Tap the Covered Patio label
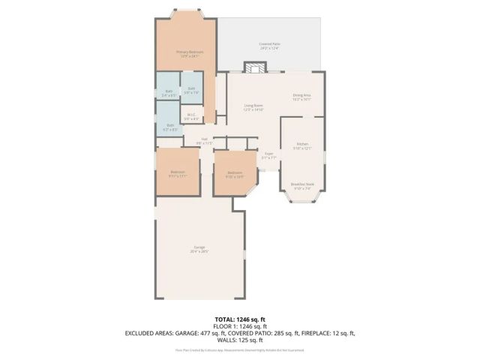click(269, 44)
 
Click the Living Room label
click(253, 106)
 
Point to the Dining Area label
click(301, 95)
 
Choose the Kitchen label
click(302, 143)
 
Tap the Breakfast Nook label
click(302, 184)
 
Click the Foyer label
click(268, 155)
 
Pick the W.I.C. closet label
click(192, 115)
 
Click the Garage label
click(199, 247)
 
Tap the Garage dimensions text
click(199, 251)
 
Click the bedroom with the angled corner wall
click(235, 174)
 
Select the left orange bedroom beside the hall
click(178, 172)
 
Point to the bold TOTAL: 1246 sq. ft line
click(240, 319)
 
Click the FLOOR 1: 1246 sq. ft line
click(240, 325)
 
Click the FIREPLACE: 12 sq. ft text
click(326, 332)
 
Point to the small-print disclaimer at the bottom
click(240, 349)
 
